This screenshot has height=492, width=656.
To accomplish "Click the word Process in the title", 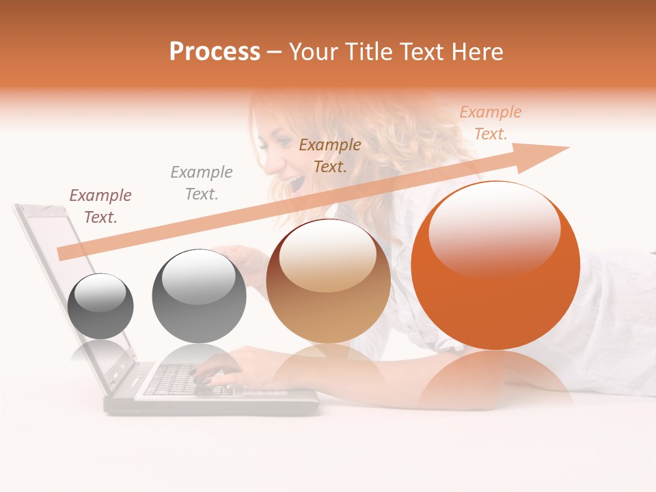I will click(x=215, y=52).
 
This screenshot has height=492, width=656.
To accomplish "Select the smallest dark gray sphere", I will click(x=100, y=306).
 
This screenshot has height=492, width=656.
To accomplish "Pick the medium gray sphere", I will click(x=199, y=296).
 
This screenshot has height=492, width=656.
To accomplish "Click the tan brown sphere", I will click(x=328, y=281).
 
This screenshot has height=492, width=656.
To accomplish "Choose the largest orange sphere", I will click(x=495, y=266).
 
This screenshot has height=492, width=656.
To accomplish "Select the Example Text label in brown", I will click(x=330, y=155).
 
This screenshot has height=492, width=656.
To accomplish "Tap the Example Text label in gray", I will click(x=202, y=182).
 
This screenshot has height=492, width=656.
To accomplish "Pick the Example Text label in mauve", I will click(x=100, y=206).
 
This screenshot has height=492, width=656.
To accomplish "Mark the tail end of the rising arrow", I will click(x=61, y=254).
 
